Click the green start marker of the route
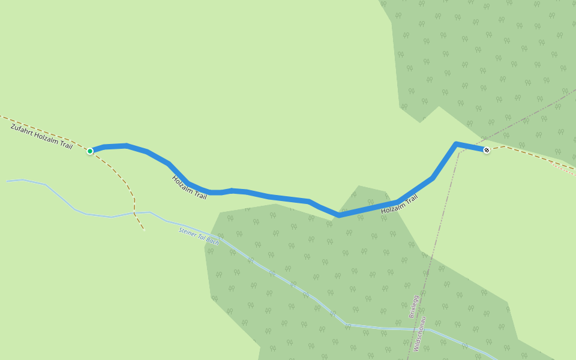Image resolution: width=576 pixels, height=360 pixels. point(90,151)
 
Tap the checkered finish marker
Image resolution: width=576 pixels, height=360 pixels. point(487,150)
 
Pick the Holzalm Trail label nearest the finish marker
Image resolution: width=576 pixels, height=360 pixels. point(399,204)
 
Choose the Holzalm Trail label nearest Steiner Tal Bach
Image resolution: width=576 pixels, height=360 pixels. point(189,187)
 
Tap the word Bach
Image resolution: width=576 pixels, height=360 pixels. point(213,241)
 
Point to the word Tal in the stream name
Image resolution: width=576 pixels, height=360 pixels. point(201,236)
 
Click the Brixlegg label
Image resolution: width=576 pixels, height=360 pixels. point(413,306)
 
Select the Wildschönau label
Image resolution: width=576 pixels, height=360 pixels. point(419,334)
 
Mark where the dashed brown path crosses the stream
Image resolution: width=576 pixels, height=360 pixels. point(134,212)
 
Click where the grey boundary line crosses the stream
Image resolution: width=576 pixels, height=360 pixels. point(425,329)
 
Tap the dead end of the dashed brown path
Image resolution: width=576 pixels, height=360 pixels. point(144,230)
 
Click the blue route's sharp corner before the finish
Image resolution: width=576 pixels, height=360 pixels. point(457,144)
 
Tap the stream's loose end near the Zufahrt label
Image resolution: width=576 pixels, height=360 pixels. point(7,181)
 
